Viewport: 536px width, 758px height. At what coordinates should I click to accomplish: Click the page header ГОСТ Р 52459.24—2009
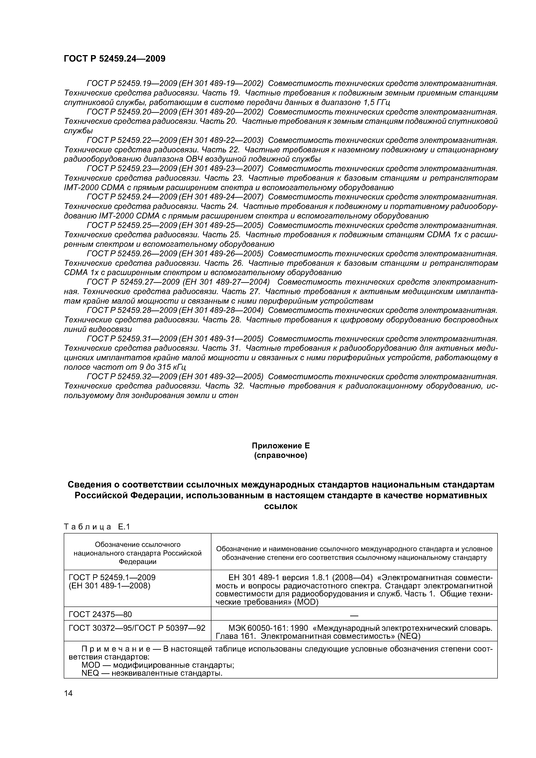pos(114,59)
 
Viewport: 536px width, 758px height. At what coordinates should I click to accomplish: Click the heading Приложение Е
pos(281,446)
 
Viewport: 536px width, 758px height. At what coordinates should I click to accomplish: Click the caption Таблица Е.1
pos(97,527)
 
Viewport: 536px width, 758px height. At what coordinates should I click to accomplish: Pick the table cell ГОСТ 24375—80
pos(100,614)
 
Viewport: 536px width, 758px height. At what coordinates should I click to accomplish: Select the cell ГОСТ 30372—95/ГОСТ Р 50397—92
pos(137,627)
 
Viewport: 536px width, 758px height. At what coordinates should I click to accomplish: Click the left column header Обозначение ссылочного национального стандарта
pos(137,553)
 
